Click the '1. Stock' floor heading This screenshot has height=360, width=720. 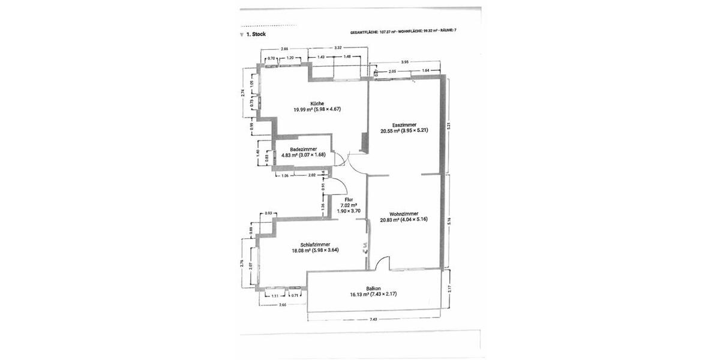(256, 35)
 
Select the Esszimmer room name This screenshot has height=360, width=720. (406, 123)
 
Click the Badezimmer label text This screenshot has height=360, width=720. (303, 149)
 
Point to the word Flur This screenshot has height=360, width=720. (349, 199)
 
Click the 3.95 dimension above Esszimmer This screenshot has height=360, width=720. (405, 62)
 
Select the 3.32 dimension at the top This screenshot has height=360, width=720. (338, 47)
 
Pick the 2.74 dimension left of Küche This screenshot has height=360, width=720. (242, 93)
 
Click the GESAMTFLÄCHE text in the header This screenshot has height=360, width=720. (364, 30)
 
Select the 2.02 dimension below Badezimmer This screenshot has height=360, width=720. (312, 175)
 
